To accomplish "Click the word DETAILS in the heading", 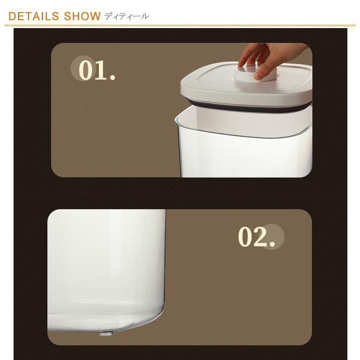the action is [x=34, y=16].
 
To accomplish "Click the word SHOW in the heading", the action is [x=82, y=16].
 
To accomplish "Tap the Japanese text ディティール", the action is [x=127, y=16].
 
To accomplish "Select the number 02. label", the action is [x=257, y=237].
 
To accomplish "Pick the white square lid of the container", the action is [x=246, y=87].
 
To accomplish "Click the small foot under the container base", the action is [x=106, y=333].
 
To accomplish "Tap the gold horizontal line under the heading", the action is [x=180, y=25].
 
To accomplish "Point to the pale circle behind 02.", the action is [x=272, y=237].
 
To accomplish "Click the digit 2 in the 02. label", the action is [x=261, y=237].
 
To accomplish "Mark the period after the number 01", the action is [x=112, y=77].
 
